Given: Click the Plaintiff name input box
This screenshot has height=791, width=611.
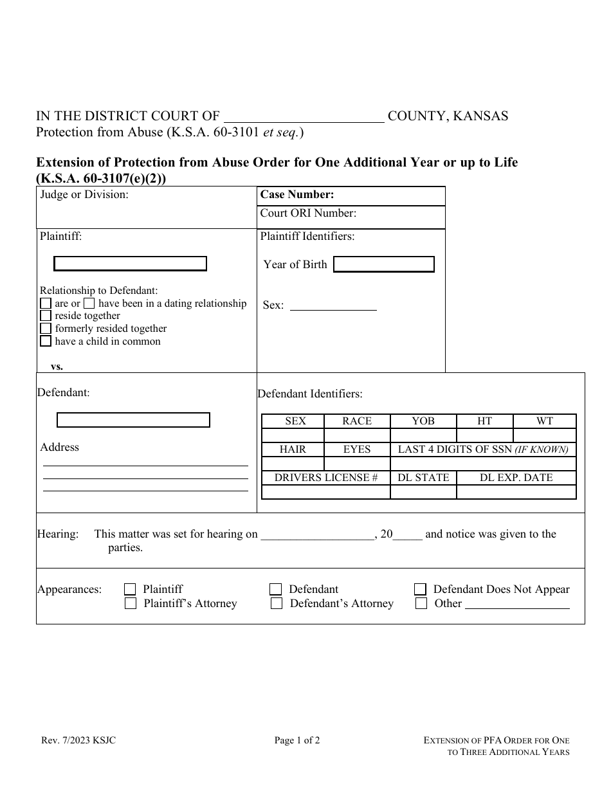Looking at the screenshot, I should coord(130,264).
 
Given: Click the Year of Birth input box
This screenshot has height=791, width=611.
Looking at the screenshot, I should coord(384,264).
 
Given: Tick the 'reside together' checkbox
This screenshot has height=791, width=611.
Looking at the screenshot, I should coord(46,316).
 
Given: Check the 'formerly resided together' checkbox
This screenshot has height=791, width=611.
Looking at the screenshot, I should coord(46,329).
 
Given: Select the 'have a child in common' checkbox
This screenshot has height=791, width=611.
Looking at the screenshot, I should coord(46,341).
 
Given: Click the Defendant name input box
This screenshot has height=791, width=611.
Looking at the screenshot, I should coord(133,420).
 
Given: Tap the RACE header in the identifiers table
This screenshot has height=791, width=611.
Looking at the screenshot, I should coord(357,421).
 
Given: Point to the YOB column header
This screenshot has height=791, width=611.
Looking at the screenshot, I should coord(423,421).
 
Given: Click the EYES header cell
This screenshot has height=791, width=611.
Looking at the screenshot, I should coord(357,450).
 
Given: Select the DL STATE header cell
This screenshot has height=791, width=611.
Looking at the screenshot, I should coord(423,478).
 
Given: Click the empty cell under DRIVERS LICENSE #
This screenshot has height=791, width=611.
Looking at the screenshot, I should coord(325,492).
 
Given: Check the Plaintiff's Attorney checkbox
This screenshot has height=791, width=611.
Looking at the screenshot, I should coord(131,603).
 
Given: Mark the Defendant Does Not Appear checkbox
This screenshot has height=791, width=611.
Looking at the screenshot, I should coord(420,589).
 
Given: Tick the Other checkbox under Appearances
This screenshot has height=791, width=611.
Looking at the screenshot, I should coord(421,603).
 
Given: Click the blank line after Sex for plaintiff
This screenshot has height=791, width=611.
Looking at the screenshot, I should coord(333,306).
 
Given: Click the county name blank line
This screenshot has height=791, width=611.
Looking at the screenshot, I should coord(303,117).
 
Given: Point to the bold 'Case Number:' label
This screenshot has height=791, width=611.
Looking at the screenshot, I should coord(297,195).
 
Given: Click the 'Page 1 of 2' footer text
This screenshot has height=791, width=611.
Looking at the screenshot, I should coord(297,740).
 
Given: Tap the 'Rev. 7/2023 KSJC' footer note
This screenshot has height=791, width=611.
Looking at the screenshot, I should coord(78,740).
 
